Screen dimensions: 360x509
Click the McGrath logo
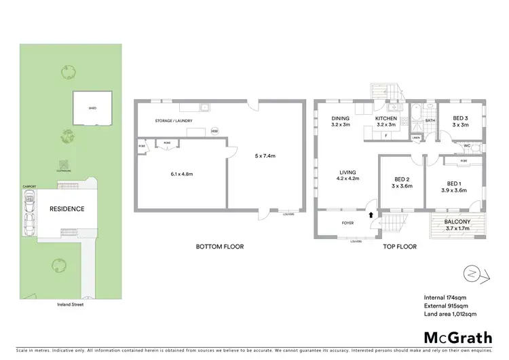tap(458, 337)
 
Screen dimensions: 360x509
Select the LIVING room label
tap(348, 173)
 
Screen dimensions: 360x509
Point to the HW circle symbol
tap(214, 131)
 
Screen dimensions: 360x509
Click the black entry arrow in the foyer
tap(371, 215)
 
